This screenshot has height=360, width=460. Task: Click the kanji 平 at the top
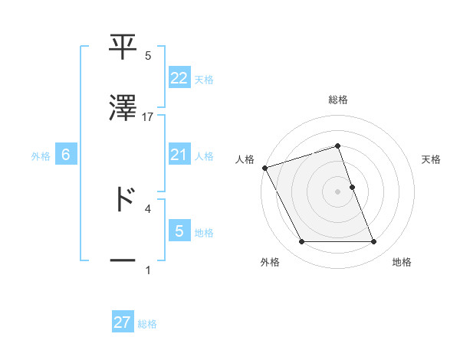pyautogui.click(x=123, y=47)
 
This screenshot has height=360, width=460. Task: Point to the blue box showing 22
pyautogui.click(x=179, y=77)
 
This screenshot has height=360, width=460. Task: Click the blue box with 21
pyautogui.click(x=179, y=155)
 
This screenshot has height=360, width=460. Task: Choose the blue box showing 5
pyautogui.click(x=179, y=231)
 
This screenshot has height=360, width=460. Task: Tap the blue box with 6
pyautogui.click(x=66, y=155)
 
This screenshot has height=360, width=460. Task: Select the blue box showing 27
pyautogui.click(x=123, y=322)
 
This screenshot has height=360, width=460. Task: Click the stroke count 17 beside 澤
pyautogui.click(x=148, y=116)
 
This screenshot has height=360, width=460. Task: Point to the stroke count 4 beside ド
pyautogui.click(x=148, y=208)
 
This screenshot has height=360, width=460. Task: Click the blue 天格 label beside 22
pyautogui.click(x=204, y=79)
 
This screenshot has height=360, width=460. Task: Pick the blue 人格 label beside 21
pyautogui.click(x=204, y=155)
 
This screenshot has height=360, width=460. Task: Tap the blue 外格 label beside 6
pyautogui.click(x=41, y=155)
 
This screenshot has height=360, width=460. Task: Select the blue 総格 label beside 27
pyautogui.click(x=147, y=324)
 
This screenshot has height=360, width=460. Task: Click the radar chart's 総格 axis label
pyautogui.click(x=338, y=100)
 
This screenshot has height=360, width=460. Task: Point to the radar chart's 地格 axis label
pyautogui.click(x=402, y=262)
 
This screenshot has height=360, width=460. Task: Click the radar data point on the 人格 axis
pyautogui.click(x=264, y=168)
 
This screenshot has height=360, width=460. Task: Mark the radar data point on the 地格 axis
pyautogui.click(x=373, y=242)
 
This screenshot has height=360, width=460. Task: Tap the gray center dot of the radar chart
pyautogui.click(x=338, y=191)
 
